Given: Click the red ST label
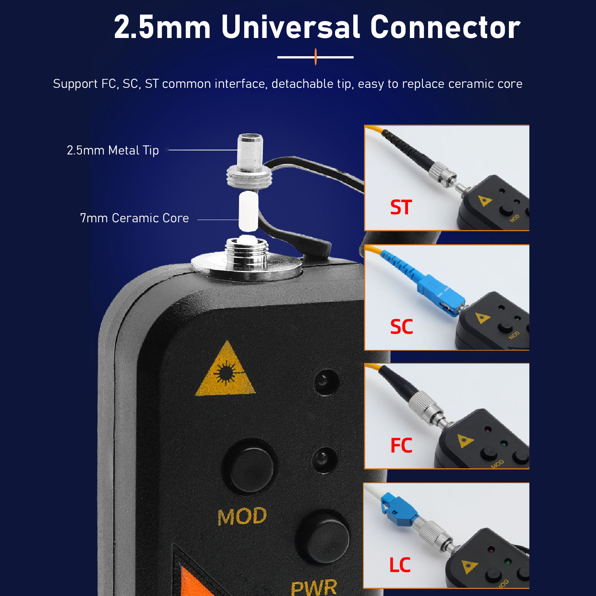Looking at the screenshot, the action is pos(401,207).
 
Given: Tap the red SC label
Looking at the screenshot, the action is pos(401,327).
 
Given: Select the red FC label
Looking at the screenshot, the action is pos(401,445).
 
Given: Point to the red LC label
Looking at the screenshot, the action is pos(400,565).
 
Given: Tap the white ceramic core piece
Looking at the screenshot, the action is pos(248,211).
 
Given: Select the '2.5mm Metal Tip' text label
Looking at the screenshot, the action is pos(113,150).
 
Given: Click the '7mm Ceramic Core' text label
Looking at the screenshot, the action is pos(134,218).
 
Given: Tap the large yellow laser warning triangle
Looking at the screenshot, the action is pos(226,370).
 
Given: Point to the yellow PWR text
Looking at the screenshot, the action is pos(314,587).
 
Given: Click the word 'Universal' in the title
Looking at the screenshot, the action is pos(291,27).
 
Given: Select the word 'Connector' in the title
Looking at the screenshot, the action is pos(445,27).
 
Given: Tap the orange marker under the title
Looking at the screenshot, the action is pos(316,57).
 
